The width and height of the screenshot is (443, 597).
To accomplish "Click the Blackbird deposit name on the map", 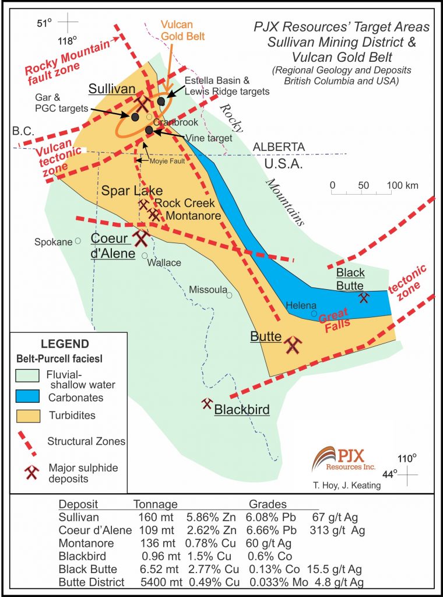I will click(242, 410).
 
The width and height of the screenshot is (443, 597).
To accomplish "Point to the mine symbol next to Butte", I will click(293, 345).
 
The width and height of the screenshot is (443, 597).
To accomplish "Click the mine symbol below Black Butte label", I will click(364, 297).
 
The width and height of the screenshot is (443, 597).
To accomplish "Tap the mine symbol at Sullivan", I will click(142, 103).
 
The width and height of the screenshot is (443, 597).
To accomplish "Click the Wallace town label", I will click(164, 263).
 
